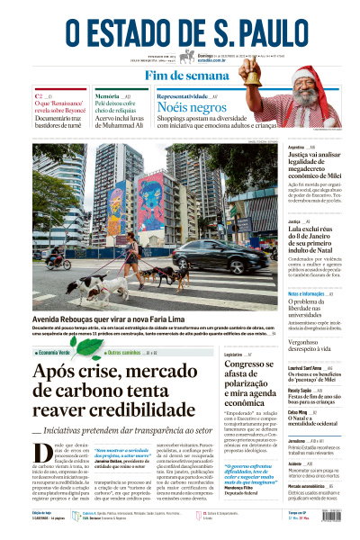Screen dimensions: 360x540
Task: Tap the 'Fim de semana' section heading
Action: tap(180, 76)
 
